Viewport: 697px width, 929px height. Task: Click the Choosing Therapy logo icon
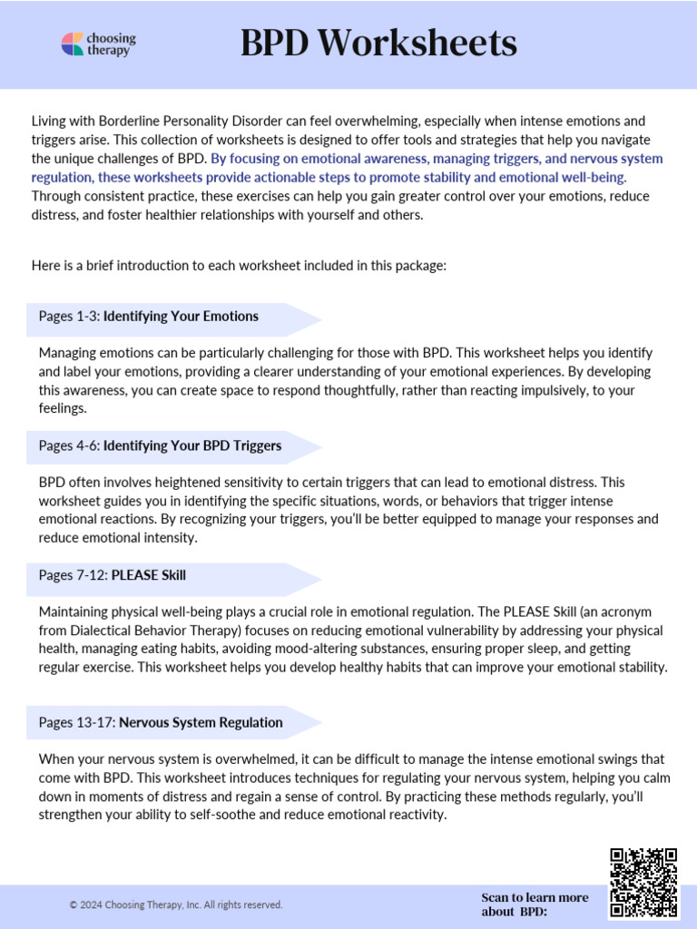(73, 44)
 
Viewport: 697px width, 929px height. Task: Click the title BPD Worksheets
(378, 43)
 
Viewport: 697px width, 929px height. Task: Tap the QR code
(643, 882)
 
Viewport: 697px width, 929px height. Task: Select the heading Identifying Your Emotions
(181, 316)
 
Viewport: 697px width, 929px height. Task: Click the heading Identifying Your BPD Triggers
(192, 445)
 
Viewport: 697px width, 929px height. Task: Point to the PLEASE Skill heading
(148, 575)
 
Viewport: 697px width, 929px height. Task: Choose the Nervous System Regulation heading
(201, 722)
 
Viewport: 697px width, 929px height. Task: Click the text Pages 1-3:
(69, 316)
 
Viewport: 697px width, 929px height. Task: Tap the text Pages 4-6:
(69, 445)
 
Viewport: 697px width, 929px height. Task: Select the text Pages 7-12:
(73, 575)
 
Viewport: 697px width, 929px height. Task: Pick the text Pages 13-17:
(77, 722)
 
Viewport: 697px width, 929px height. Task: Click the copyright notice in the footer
(176, 905)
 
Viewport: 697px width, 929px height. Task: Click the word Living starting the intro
(49, 121)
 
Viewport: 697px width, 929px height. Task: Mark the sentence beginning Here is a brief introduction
(239, 267)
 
